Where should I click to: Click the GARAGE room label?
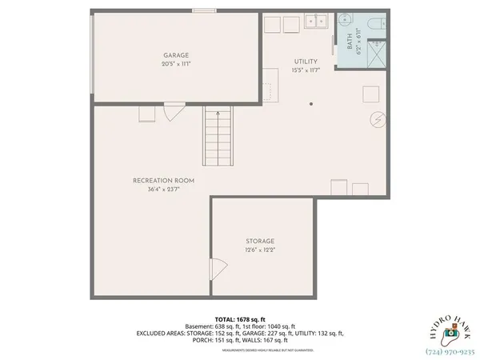(176, 55)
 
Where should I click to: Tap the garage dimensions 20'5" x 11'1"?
(176, 63)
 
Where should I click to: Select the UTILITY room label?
(306, 62)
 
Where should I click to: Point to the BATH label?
(350, 36)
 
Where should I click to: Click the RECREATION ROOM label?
(163, 181)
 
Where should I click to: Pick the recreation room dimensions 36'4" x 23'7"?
(163, 190)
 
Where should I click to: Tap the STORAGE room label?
(259, 241)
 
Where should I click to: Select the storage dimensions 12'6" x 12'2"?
(259, 250)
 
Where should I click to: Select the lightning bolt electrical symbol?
(377, 120)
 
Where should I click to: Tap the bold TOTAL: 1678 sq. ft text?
(240, 319)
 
